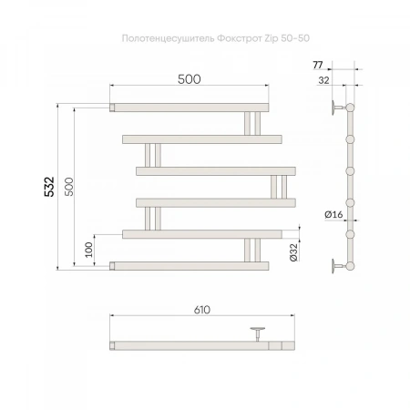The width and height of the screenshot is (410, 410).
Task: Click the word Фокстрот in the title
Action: point(239,38)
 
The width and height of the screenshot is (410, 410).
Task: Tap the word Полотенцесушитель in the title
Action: point(169,39)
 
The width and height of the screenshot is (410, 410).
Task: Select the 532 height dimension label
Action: point(49,187)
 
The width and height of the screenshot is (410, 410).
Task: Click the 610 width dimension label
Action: point(202,310)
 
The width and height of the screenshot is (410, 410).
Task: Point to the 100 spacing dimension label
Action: point(89,250)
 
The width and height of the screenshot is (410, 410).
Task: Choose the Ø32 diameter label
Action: point(294,252)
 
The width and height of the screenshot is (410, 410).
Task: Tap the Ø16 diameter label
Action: point(333,214)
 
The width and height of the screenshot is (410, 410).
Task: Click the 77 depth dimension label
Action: point(318,65)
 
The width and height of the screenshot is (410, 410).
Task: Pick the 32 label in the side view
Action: point(323,80)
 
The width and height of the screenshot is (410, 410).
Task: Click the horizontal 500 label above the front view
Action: point(190,79)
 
